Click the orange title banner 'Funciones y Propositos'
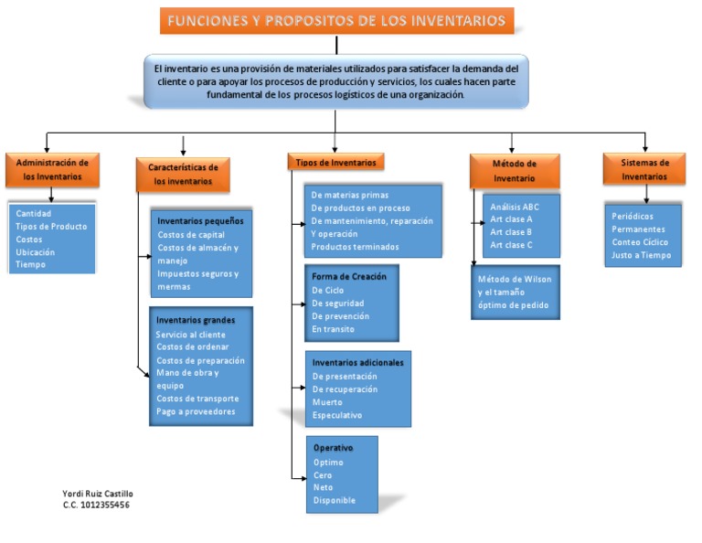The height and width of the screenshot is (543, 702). tap(336, 20)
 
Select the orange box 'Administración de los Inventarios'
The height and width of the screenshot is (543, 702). tap(52, 169)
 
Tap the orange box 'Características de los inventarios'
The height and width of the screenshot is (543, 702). tap(185, 174)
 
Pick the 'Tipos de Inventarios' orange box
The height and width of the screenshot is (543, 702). tap(335, 162)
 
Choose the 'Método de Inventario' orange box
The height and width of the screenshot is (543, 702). tap(514, 171)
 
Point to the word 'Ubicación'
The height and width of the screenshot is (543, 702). tap(36, 251)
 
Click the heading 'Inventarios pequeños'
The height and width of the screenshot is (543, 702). tap(199, 221)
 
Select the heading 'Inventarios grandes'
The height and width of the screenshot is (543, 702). tap(196, 320)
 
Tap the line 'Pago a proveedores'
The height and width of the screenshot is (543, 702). tap(196, 411)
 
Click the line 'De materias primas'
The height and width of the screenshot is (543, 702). tap(349, 195)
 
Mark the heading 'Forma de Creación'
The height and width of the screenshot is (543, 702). tap(348, 276)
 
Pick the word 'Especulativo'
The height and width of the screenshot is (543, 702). tap(337, 415)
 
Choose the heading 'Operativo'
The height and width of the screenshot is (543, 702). tap(333, 448)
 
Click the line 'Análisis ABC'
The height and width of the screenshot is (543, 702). tap(515, 207)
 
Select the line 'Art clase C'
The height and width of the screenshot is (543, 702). tap(511, 245)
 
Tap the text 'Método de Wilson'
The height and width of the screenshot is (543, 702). tap(513, 279)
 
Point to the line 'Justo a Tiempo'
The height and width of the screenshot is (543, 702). tap(641, 255)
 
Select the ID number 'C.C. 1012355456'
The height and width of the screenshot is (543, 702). tap(96, 505)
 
